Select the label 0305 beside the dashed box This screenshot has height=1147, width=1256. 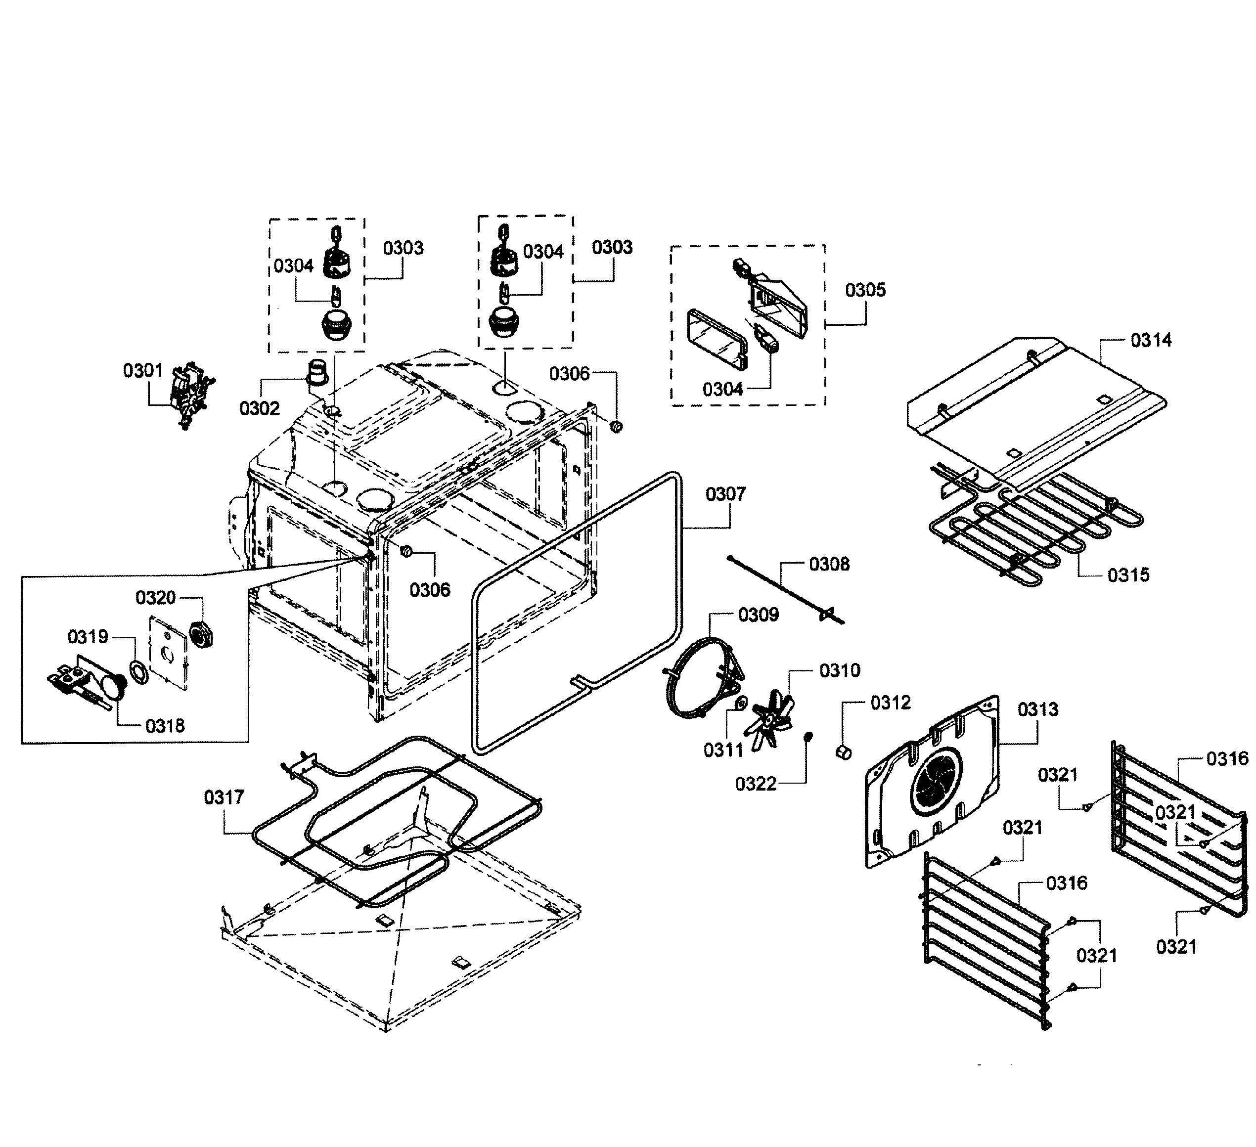(x=865, y=290)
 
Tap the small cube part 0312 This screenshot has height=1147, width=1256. (x=843, y=752)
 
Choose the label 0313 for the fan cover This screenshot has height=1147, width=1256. (x=1038, y=709)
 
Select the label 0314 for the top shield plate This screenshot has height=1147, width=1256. (x=1151, y=340)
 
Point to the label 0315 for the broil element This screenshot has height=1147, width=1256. (x=1128, y=574)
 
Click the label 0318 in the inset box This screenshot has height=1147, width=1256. (x=165, y=725)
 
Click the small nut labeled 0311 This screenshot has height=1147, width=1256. (x=741, y=704)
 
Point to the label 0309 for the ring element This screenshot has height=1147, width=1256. (x=758, y=615)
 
